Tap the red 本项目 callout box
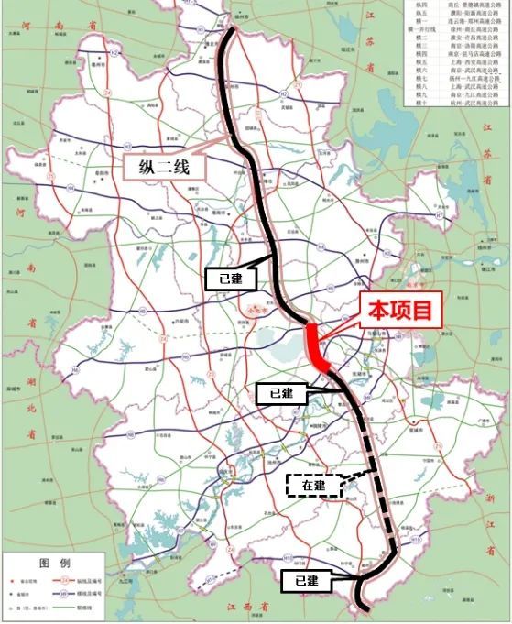pos(398,311)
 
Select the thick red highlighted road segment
pos(317,346)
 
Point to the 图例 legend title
pos(54,562)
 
